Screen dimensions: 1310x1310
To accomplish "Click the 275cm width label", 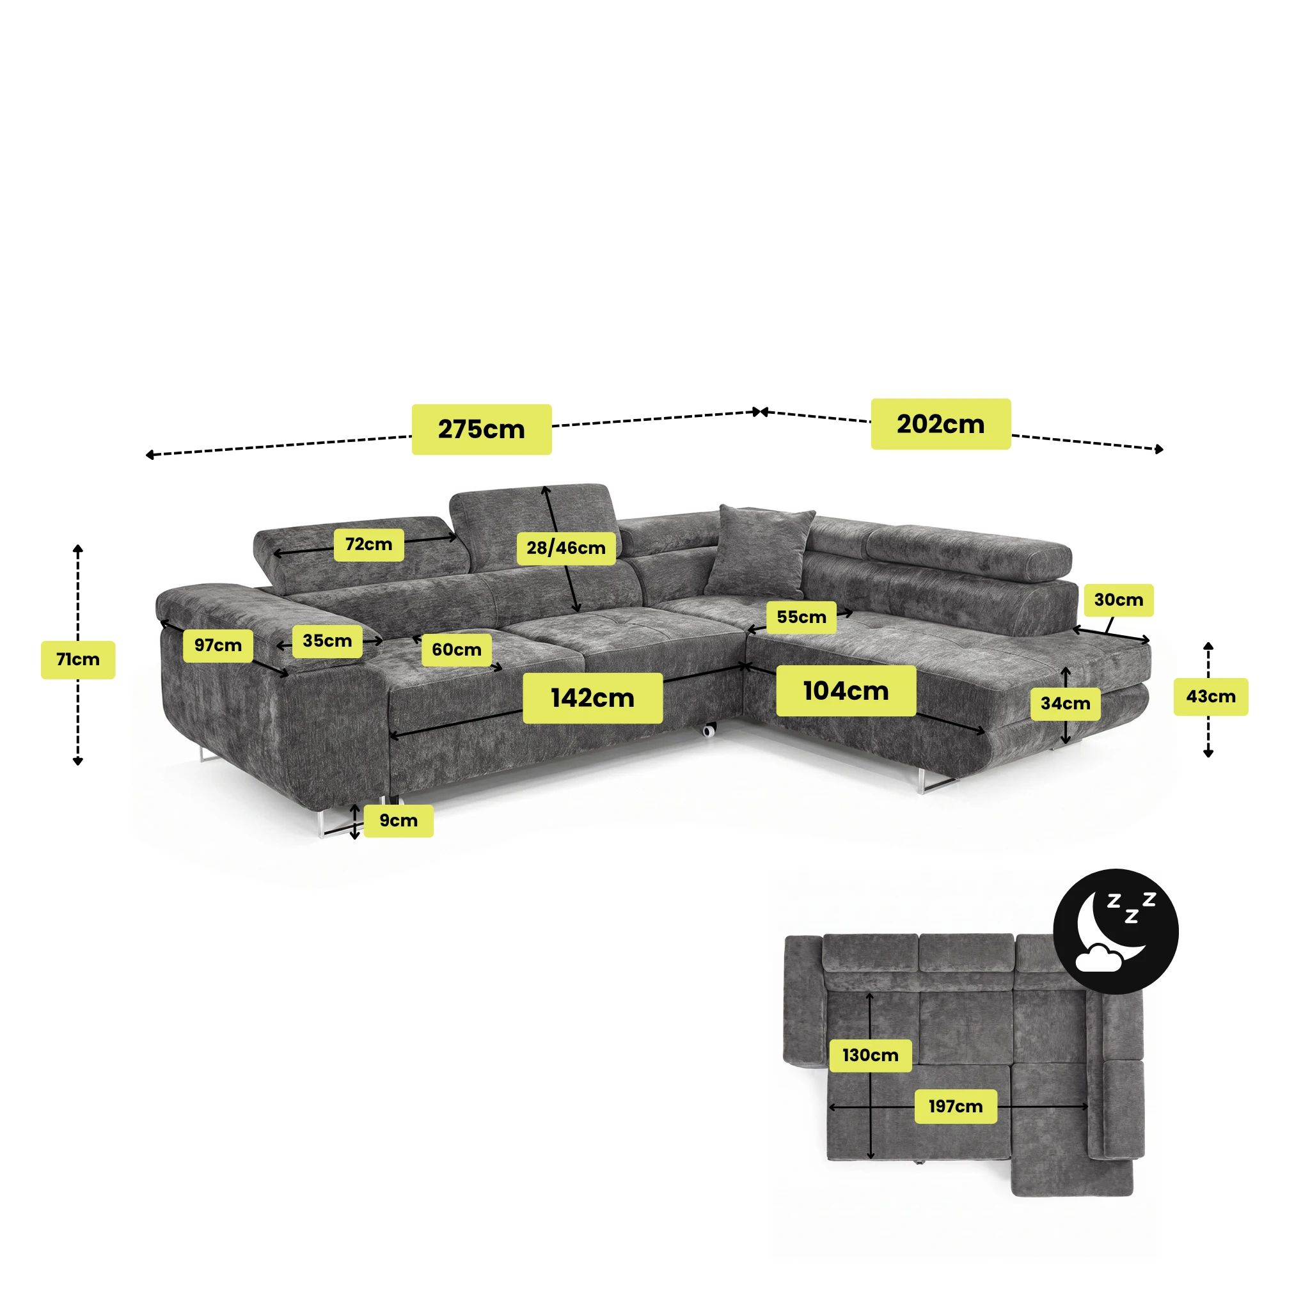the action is pos(482,429).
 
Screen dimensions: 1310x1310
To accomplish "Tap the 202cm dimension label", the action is pos(940,424).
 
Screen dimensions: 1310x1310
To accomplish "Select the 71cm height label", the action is pos(78,659).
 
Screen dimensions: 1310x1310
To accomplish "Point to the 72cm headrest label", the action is pos(369,544).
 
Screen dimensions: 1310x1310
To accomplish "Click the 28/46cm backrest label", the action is pos(566,548).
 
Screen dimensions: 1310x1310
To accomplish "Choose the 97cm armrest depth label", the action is pos(218,645).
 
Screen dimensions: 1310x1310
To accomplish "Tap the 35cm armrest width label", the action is pos(327,641).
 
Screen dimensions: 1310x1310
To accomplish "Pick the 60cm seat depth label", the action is pos(457,650).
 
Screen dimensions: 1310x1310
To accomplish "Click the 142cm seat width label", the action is pos(592,698).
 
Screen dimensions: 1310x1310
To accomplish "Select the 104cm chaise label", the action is pos(846,690).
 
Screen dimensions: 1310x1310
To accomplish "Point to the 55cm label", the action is pos(801,617).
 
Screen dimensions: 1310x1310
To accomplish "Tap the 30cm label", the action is pos(1119,600).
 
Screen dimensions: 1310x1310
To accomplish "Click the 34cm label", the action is pos(1066,704).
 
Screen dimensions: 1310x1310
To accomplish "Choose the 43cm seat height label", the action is pos(1211,697).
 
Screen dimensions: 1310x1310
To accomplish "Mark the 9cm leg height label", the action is pos(399,821).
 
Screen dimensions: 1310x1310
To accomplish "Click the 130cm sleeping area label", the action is pos(871,1055).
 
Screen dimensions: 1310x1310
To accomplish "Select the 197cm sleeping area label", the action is pos(956,1107).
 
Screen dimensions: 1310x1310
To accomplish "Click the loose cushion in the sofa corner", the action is pos(759,551).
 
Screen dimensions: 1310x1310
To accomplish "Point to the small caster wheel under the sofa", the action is pos(709,730).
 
